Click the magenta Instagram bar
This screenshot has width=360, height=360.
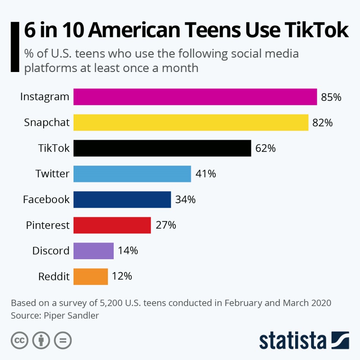(195, 97)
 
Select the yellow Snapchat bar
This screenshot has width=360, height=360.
(191, 122)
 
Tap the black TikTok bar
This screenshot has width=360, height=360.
(162, 148)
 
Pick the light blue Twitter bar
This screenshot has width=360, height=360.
(132, 174)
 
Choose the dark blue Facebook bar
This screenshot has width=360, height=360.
(122, 200)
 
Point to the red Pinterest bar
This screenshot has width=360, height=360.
(112, 225)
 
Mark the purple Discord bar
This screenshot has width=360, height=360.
(94, 251)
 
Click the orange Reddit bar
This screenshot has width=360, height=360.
(91, 277)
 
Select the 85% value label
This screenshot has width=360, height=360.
(331, 97)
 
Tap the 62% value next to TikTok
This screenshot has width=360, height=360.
(265, 148)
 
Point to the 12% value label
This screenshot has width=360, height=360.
(122, 276)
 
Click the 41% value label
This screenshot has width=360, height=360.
(206, 174)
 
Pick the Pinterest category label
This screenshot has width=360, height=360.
(48, 225)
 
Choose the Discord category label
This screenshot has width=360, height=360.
(51, 251)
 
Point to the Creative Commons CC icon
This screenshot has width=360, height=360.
(19, 340)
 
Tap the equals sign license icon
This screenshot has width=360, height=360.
(63, 340)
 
